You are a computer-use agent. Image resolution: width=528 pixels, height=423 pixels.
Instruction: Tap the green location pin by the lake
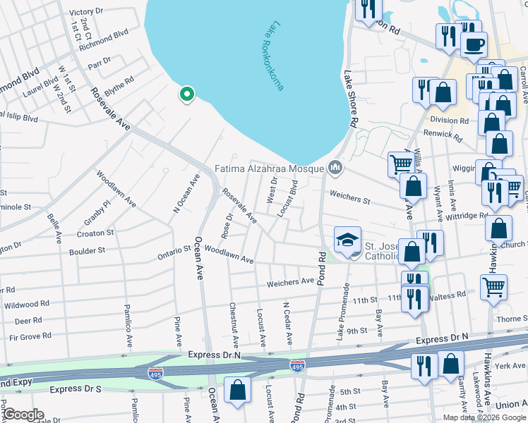click(x=186, y=94)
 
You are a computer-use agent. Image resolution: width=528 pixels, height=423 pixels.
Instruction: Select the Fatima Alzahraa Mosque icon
click(x=335, y=168)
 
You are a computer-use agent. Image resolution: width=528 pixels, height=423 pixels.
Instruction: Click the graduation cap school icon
click(x=347, y=240)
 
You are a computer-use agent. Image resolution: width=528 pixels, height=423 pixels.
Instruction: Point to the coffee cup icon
click(x=473, y=44)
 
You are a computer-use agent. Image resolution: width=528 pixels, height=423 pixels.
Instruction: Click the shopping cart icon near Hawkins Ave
click(x=493, y=286)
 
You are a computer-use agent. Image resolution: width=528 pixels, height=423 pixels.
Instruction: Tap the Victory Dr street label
click(x=87, y=12)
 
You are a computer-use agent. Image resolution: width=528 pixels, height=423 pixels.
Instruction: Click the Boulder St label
click(x=87, y=250)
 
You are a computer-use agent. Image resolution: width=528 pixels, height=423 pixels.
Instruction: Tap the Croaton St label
click(x=96, y=232)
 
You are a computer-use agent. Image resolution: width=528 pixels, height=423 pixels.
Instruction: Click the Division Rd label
click(x=454, y=121)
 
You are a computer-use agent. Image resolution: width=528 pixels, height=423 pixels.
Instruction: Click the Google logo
click(x=22, y=415)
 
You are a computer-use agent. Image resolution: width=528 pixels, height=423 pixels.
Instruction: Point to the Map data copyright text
click(x=484, y=417)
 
